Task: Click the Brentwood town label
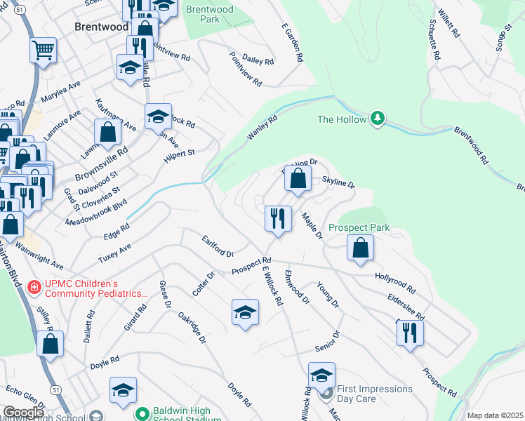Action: (x=101, y=27)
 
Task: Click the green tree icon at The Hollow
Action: (x=378, y=118)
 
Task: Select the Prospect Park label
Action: (x=359, y=228)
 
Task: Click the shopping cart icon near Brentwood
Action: (x=43, y=51)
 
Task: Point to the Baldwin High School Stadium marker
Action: (x=141, y=414)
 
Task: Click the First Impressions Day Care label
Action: (x=375, y=394)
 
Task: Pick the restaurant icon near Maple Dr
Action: (x=278, y=218)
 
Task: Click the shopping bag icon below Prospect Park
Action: (x=360, y=247)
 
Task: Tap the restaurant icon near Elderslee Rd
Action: (x=410, y=332)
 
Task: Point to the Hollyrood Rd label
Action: (x=395, y=283)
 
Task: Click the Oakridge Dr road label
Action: (x=192, y=328)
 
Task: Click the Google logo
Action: (x=23, y=413)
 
